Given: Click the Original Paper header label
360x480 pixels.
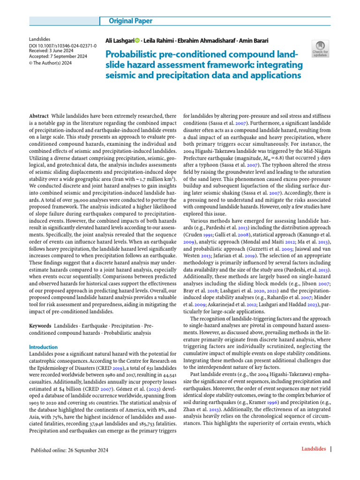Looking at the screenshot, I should pos(131,21).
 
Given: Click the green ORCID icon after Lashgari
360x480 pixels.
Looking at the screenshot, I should pos(137,40).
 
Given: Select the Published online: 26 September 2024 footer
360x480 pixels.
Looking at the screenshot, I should pos(69,450).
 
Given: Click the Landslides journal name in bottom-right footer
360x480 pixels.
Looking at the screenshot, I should pos(313,449).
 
